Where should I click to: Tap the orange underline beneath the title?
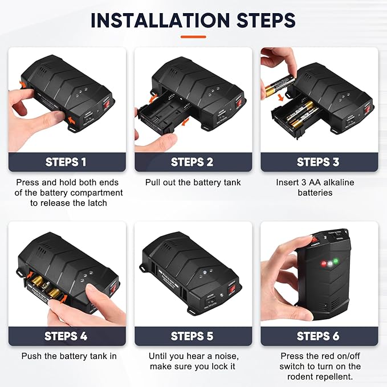tap(193, 36)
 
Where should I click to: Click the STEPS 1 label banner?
tap(67, 162)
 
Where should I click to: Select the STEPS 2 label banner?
tap(193, 162)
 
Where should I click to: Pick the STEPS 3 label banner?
tap(319, 162)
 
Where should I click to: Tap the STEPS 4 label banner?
tap(67, 336)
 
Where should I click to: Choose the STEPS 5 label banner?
tap(193, 336)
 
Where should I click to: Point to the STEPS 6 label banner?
tap(319, 336)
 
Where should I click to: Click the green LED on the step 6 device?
tap(335, 262)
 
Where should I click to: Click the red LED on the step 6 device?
tap(323, 264)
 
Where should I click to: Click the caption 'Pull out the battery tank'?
tap(193, 183)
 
